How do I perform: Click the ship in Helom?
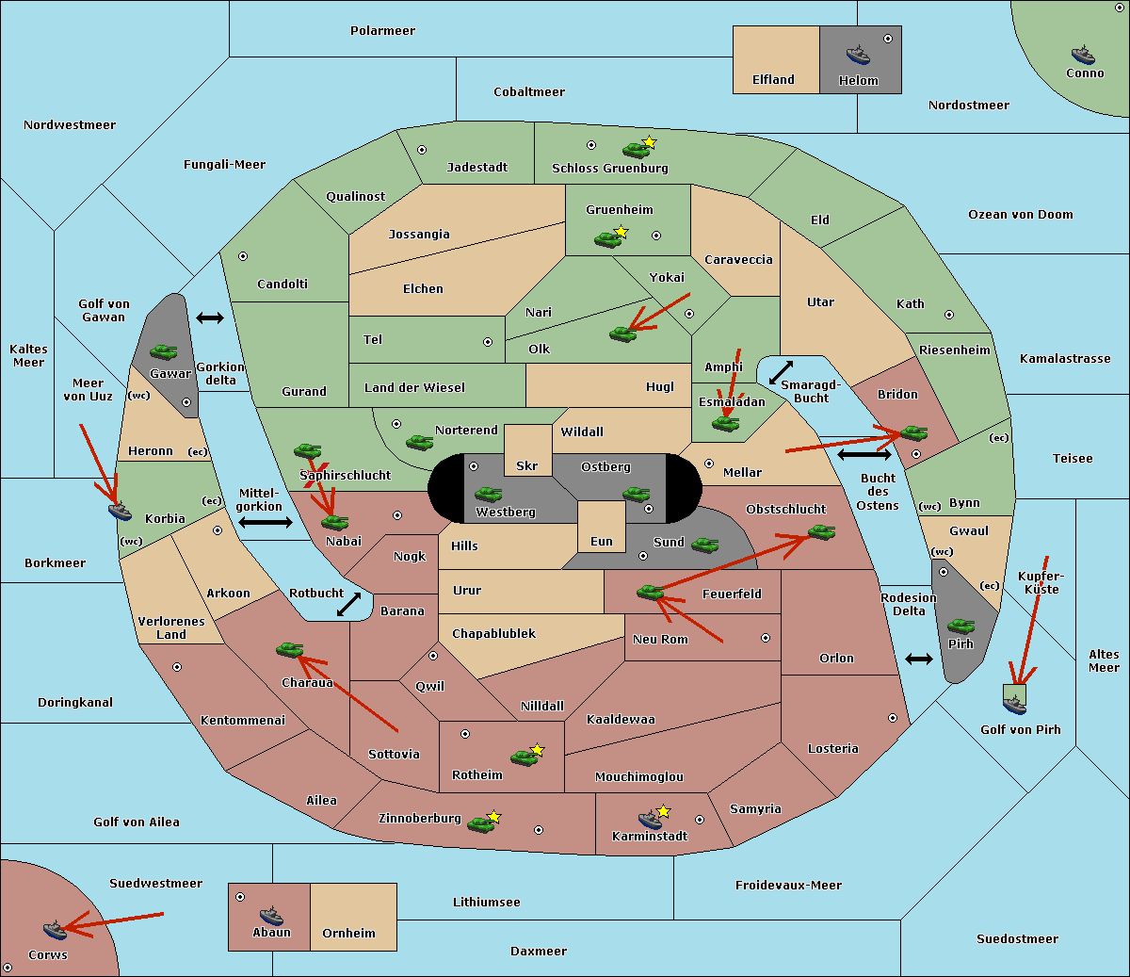[x=858, y=55]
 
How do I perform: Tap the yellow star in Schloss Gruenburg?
[x=649, y=142]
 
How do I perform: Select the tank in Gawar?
[x=164, y=351]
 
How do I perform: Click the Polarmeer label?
[x=382, y=31]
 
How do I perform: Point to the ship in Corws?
[x=56, y=930]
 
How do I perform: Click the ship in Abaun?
[x=271, y=915]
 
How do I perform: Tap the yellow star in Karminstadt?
[x=663, y=810]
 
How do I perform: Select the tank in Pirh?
[x=960, y=626]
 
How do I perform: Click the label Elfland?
[x=773, y=80]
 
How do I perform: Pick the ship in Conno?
[x=1083, y=55]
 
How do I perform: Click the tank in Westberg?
[x=488, y=494]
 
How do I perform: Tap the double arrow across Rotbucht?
[x=348, y=604]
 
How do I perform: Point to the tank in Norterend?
[x=419, y=442]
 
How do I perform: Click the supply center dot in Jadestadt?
[x=422, y=150]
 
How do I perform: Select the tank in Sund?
[x=704, y=545]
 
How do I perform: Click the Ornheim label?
[x=348, y=933]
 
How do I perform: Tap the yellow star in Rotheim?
[x=538, y=749]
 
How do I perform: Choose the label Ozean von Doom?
[x=1021, y=215]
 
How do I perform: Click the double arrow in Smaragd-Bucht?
[x=781, y=372]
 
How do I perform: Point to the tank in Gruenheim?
[x=608, y=239]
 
